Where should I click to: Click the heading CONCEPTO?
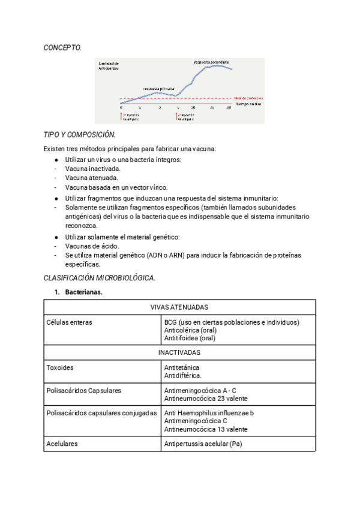pos(62,47)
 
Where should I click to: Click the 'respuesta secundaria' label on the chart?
pos(212,62)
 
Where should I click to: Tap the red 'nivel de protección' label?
pos(248,98)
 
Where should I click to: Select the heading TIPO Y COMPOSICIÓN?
pos(80,135)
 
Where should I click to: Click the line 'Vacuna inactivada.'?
pos(92,169)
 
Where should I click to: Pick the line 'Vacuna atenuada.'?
pos(91,178)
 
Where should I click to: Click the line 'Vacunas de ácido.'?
pos(92,245)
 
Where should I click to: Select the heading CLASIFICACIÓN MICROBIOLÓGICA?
pos(100,278)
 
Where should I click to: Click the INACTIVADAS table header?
pos(179,352)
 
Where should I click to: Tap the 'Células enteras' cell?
pos(69,322)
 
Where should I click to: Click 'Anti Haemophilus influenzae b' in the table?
pos(208,414)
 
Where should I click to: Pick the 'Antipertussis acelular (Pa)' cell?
pos(203,444)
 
